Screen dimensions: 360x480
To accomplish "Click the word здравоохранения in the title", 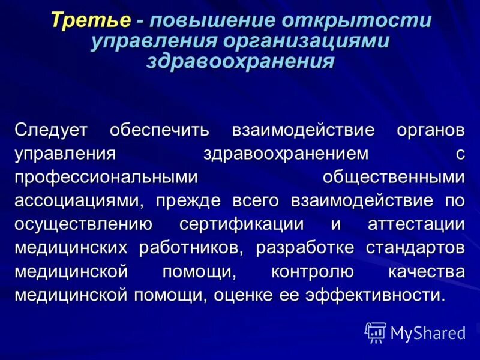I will coord(240,62).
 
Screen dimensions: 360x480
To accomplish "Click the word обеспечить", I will coord(159,129).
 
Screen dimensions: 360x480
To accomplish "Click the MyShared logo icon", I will coord(376,331).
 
